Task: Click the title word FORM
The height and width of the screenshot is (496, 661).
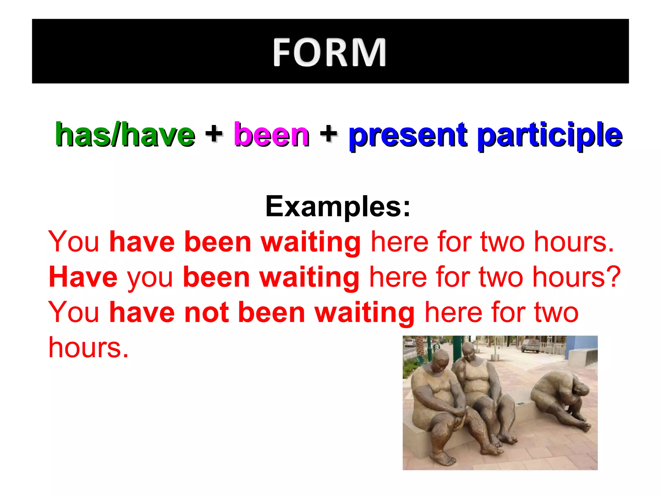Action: coord(330,52)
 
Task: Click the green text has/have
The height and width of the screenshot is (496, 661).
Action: coord(125,135)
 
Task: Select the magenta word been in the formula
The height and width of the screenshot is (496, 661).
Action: coord(271,135)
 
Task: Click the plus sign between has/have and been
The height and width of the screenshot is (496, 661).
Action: coord(214,133)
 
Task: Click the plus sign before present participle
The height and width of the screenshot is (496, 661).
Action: coord(329,133)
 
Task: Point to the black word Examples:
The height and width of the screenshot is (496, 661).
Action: coord(338,207)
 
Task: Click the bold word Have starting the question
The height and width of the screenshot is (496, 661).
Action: coord(83,277)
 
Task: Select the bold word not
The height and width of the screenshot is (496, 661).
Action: coord(206,312)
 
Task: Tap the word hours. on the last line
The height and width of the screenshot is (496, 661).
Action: coord(88,348)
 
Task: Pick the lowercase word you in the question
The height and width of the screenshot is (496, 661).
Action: coord(150,278)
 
